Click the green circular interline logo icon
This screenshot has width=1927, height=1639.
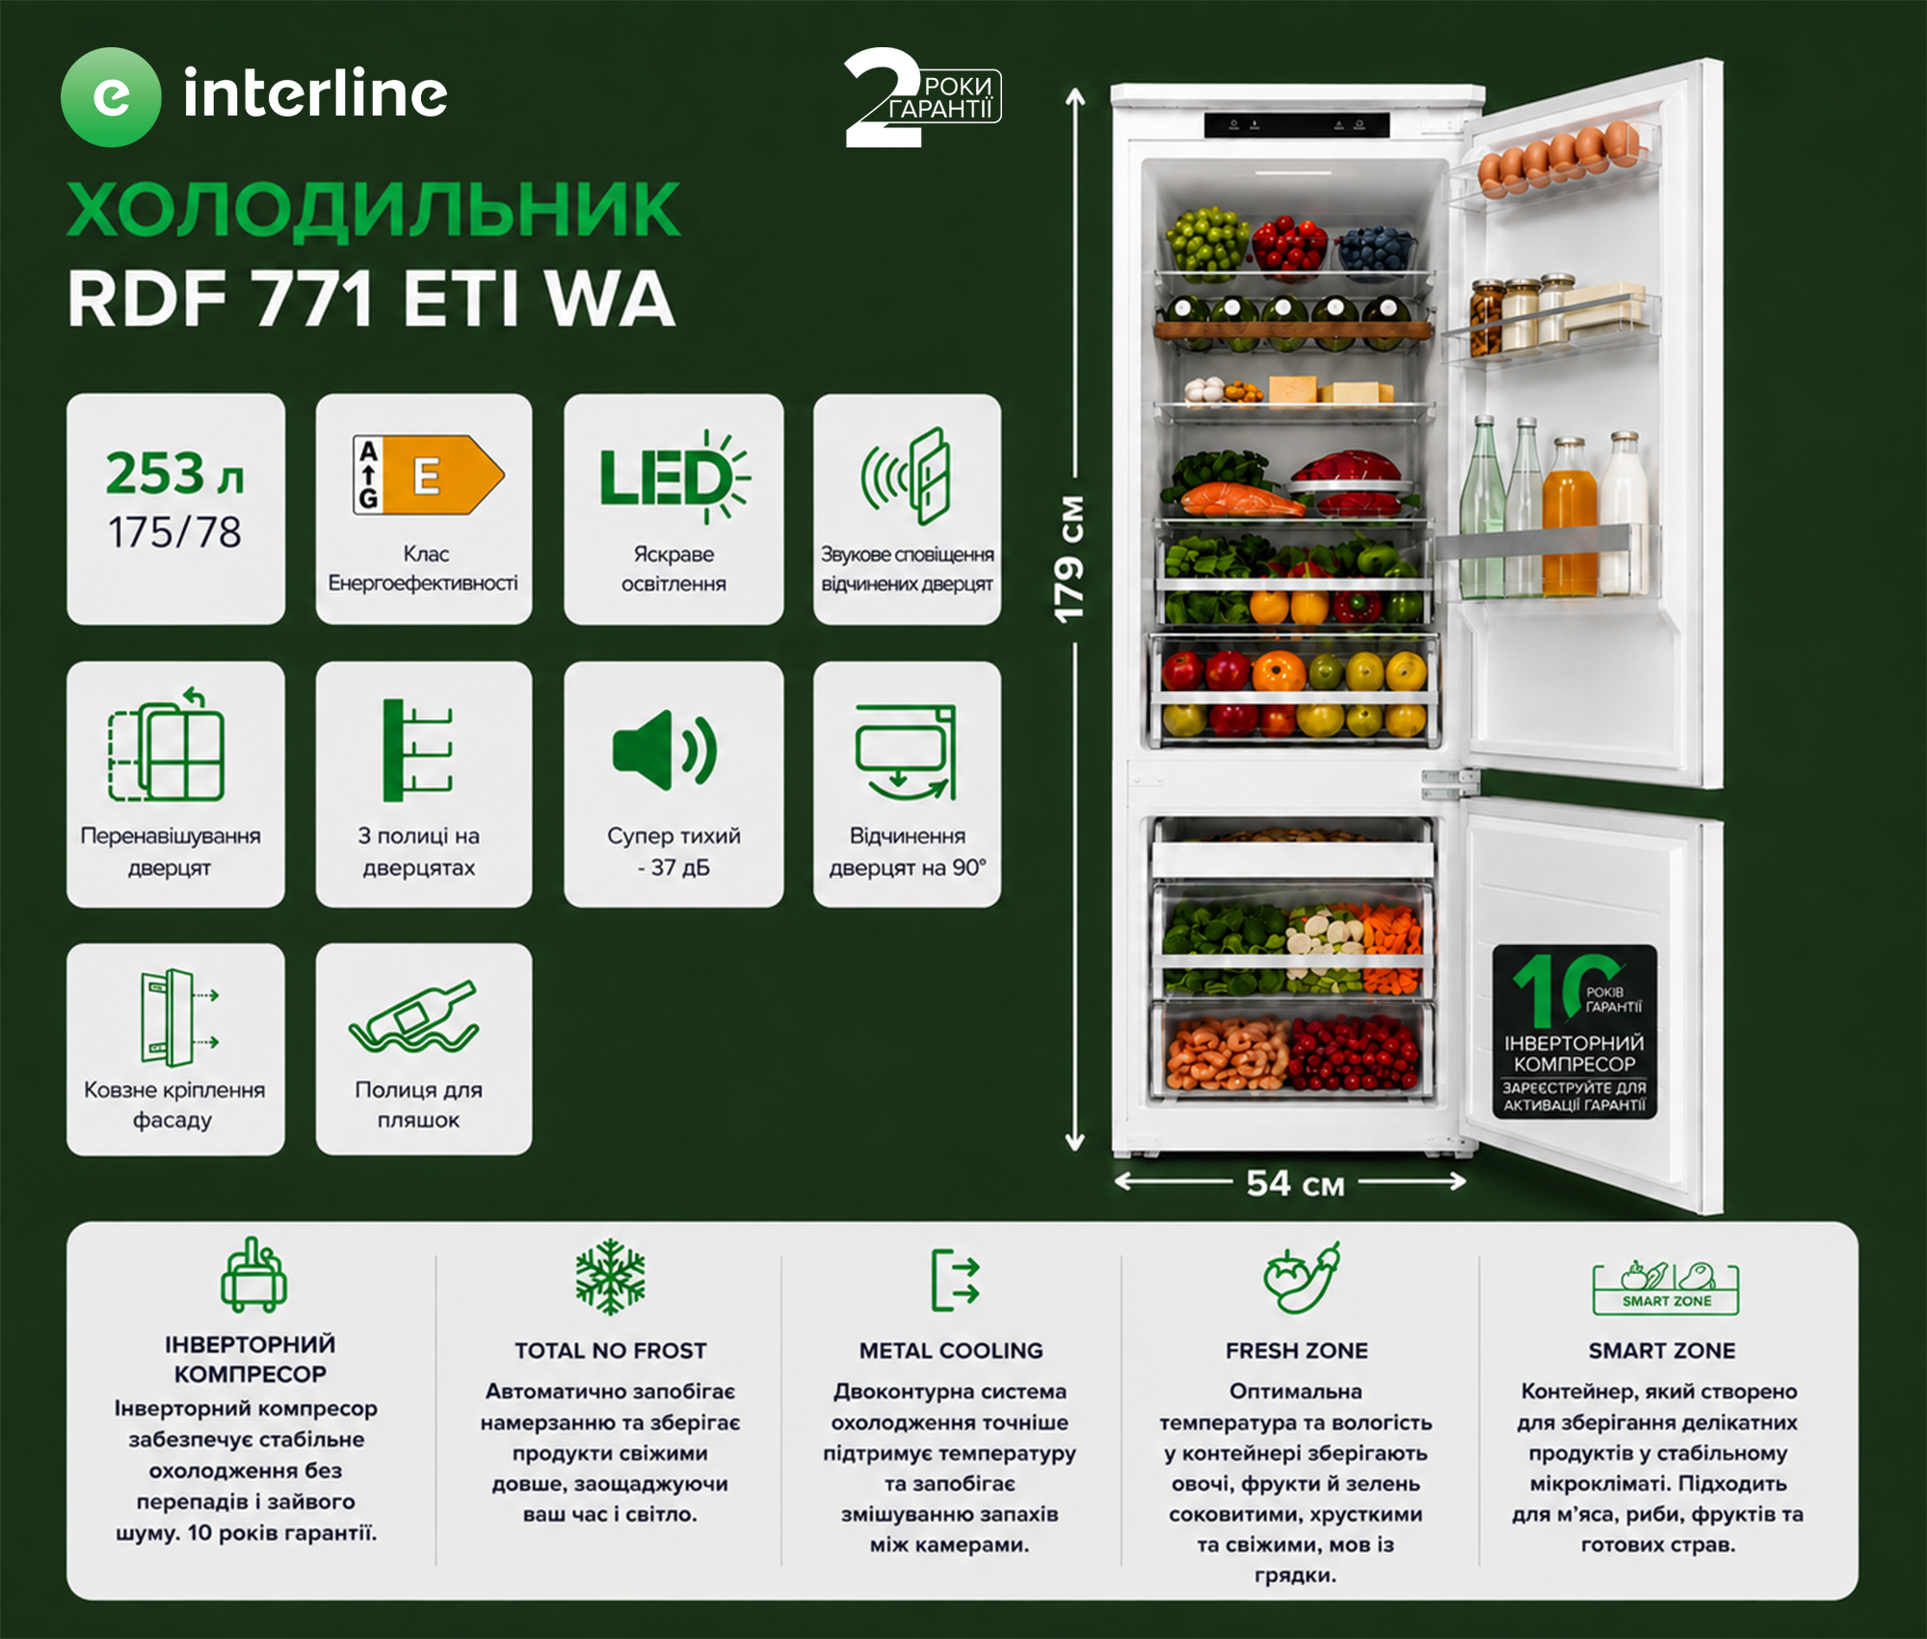coord(111,97)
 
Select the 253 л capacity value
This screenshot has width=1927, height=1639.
coord(174,473)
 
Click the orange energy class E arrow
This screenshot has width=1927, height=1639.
coord(456,474)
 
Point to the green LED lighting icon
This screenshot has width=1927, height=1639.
coord(673,477)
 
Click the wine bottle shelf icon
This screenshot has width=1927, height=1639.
coord(414,1018)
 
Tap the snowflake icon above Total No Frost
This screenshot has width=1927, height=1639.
coord(610,1277)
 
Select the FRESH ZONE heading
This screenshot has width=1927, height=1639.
coord(1296,1351)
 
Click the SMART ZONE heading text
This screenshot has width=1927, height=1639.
coord(1662,1351)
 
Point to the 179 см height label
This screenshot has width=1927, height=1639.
coord(1069,560)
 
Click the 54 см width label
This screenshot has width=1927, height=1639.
coord(1295,1183)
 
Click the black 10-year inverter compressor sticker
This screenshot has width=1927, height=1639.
coord(1574,1032)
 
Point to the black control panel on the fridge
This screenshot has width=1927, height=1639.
coord(1297,125)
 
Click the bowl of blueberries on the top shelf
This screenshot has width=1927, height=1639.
coord(1376,249)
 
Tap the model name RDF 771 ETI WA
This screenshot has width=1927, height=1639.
coord(371,299)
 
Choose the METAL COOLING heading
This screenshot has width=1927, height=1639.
coord(951,1351)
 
